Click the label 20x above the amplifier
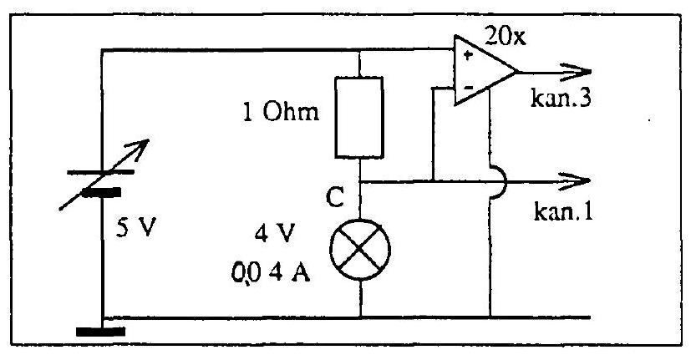pos(505,36)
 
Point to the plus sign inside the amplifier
pos(468,55)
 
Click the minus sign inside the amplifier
pos(468,88)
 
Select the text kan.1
pos(563,211)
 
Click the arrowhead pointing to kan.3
pos(576,72)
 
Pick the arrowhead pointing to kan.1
pos(575,180)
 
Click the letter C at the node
pos(335,197)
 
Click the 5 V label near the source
pos(136,228)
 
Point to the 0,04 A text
pos(270,273)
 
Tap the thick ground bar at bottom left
pos(100,332)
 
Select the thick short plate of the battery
pos(101,193)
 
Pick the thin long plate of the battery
pos(100,172)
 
